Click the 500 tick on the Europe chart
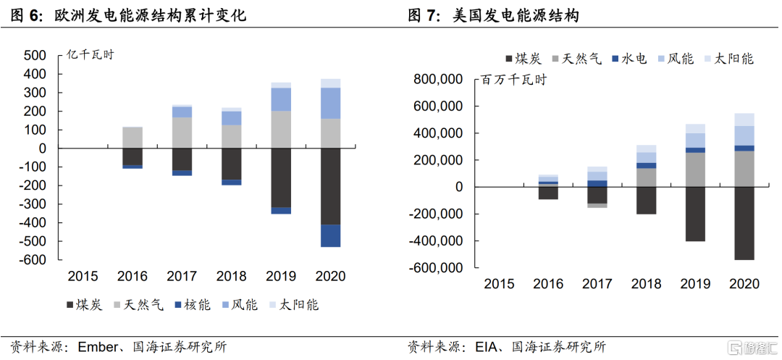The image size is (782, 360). click(35, 56)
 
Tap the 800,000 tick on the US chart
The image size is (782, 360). click(438, 80)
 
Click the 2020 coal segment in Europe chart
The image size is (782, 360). click(330, 186)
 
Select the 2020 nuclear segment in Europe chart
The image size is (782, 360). click(330, 235)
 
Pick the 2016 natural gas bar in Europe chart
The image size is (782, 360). click(133, 137)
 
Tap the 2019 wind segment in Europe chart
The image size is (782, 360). click(281, 99)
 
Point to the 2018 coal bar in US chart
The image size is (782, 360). click(647, 200)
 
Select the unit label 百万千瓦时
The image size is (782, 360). click(513, 80)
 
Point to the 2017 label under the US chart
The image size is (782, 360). click(597, 283)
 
